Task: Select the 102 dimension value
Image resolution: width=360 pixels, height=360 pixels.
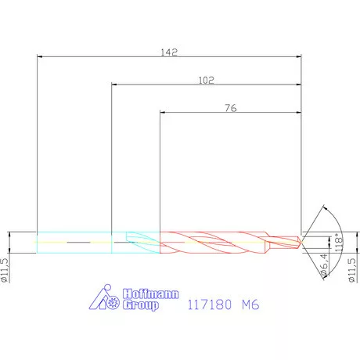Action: [207, 80]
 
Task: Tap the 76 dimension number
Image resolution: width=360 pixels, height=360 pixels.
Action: [232, 108]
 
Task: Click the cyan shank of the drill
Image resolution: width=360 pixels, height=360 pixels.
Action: [74, 243]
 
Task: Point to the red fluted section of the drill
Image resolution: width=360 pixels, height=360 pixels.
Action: [211, 243]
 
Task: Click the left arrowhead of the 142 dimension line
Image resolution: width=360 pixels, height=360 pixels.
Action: [41, 56]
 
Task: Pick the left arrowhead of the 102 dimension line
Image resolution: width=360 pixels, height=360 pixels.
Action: [115, 85]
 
